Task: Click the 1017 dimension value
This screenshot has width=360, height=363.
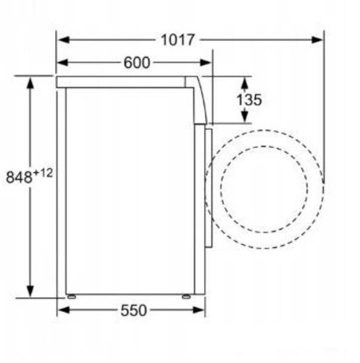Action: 178,40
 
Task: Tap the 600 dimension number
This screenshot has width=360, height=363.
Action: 137,62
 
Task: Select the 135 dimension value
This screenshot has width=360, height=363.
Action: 249,99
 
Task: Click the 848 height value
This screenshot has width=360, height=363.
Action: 19,177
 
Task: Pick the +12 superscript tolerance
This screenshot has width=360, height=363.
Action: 43,174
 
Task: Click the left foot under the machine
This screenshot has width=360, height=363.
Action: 72,297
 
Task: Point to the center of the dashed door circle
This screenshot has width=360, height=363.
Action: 264,189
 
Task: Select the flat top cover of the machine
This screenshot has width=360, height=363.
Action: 121,82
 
